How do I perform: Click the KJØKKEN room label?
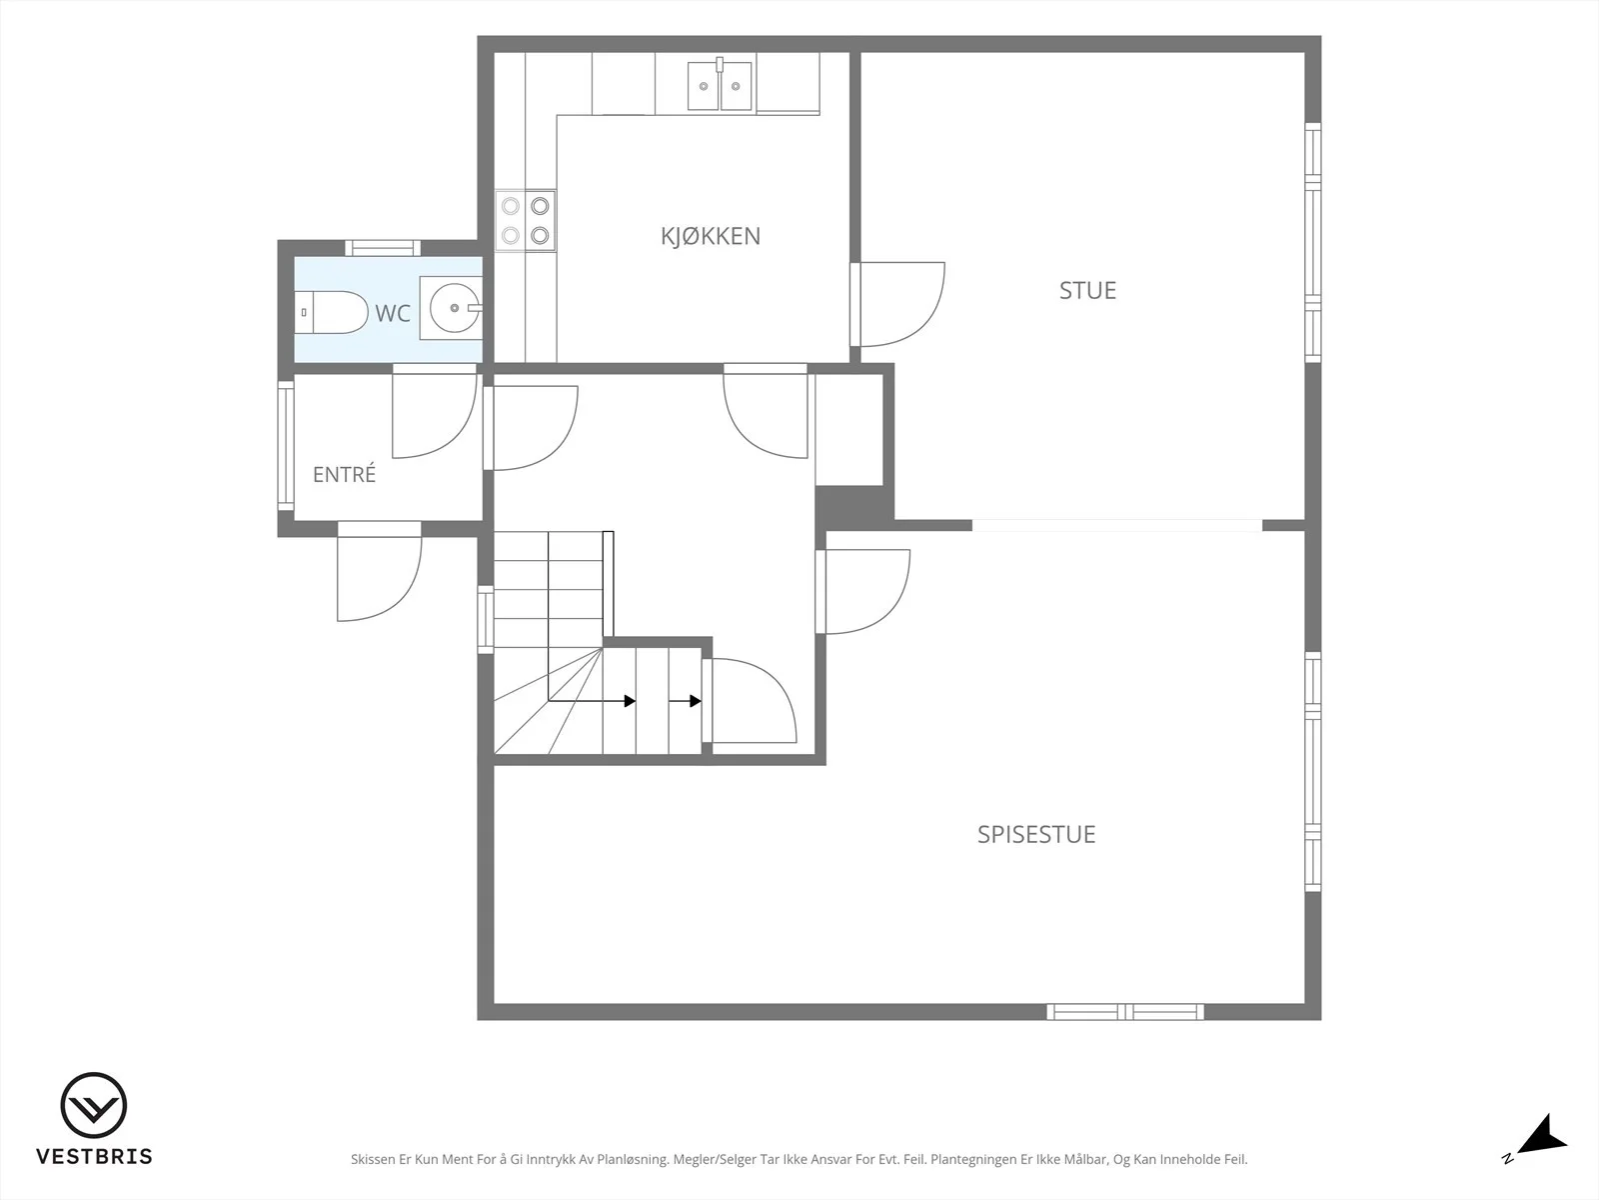[711, 236]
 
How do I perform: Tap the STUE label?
[1087, 291]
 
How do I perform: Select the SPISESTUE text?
[1036, 834]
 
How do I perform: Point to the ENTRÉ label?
[344, 474]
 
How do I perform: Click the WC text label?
[393, 313]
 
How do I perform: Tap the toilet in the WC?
[331, 313]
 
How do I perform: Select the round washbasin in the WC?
[454, 308]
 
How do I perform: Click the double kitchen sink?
[720, 85]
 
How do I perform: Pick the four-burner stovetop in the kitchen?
[526, 221]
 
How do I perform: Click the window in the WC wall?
[383, 248]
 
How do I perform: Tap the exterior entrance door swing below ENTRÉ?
[379, 572]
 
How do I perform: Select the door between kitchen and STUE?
[897, 305]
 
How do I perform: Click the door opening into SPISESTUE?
[863, 592]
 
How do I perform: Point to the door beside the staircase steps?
[750, 701]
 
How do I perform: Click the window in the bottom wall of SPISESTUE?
[1125, 1011]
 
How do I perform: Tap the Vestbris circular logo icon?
[94, 1105]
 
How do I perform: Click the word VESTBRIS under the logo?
[95, 1156]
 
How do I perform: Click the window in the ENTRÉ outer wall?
[286, 446]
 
